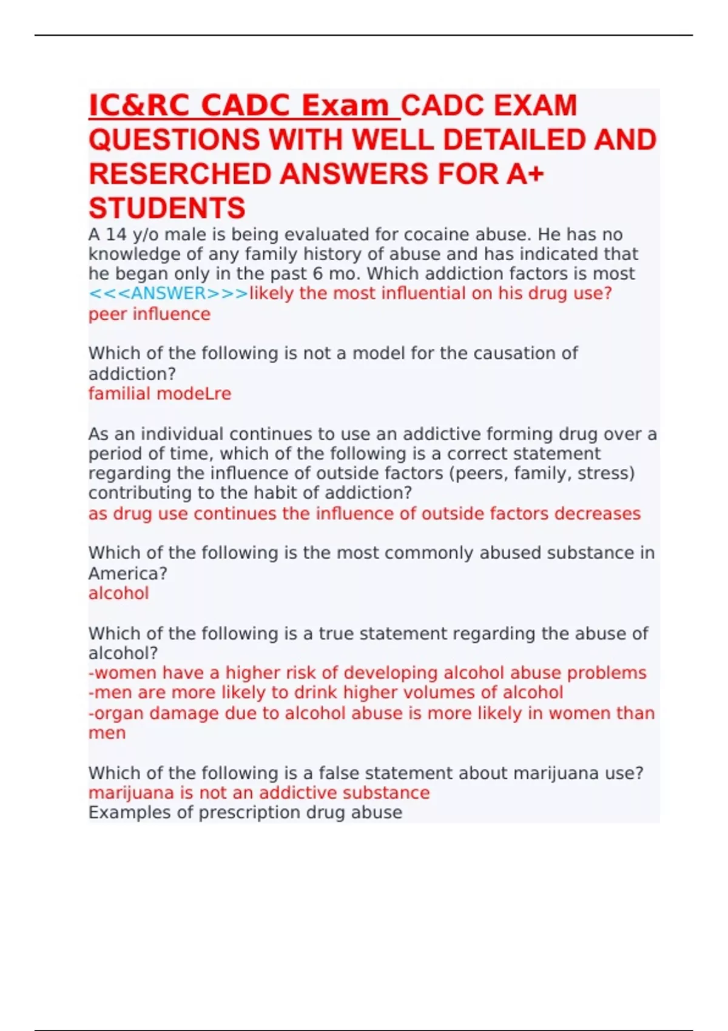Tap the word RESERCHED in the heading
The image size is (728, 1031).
179,174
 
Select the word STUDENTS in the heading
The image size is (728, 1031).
167,208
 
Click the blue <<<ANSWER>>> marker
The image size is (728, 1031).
168,294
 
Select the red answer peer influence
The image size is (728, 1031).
149,314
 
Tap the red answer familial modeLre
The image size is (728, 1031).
160,394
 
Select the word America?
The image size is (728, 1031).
127,573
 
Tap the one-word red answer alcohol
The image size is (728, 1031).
118,593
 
